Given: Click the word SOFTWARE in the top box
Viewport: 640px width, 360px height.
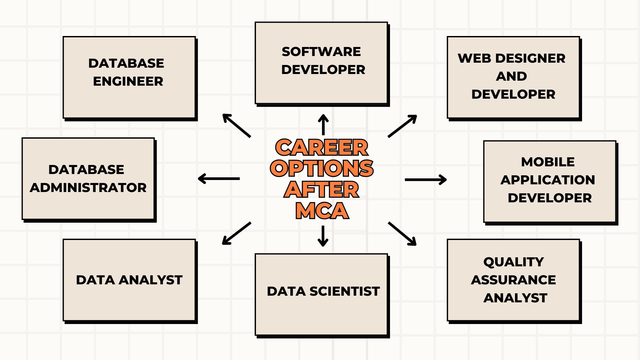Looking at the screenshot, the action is pos(321,52).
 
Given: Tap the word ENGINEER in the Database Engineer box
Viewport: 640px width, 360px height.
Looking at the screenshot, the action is pos(128,81).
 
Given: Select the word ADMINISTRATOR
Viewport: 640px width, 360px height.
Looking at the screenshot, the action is pos(88,188).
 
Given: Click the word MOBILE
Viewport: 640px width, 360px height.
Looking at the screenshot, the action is pos(548,162).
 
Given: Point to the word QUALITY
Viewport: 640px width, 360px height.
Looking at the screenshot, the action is pos(514,262).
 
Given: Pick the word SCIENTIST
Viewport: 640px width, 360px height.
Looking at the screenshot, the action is pos(345,291).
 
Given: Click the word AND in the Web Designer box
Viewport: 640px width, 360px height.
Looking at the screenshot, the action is pos(512,76).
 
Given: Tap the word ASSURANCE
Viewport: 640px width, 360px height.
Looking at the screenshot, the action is pos(513,280).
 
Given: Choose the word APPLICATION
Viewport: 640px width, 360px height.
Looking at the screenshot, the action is pos(548,180).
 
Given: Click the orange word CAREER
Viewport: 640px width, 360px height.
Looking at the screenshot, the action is pos(322,147).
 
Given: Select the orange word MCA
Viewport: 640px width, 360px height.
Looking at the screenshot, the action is pos(322,211).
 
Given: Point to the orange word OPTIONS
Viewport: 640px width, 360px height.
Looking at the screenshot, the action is pos(322,168).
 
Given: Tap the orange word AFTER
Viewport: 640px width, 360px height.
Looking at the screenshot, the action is pos(322,189).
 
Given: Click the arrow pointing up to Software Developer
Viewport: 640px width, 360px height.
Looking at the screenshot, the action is pos(323,125).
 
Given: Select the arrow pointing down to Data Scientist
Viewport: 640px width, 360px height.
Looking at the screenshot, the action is pos(323,236).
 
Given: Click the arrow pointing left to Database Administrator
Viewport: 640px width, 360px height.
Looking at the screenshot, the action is pos(219,179).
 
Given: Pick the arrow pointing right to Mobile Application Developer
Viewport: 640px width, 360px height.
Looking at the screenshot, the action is pos(426,180).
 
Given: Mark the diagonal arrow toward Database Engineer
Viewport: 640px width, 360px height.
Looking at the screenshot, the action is pos(237,126).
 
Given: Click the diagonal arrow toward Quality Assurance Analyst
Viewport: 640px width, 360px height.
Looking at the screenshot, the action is pos(402,234).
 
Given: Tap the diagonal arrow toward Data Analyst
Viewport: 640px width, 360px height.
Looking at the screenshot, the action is pos(237,233).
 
